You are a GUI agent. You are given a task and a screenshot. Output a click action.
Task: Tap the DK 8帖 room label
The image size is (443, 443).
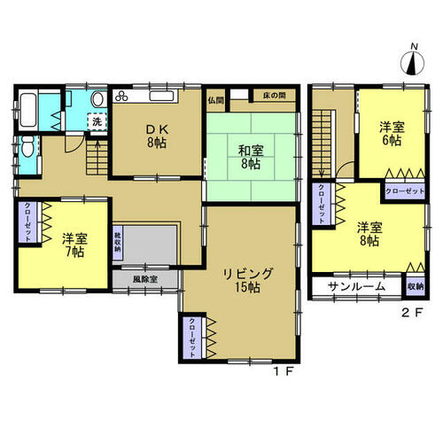click(157, 136)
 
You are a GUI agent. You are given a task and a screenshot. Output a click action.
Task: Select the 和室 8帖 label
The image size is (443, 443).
click(251, 157)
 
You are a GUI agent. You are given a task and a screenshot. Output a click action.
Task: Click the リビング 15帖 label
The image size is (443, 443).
click(247, 280)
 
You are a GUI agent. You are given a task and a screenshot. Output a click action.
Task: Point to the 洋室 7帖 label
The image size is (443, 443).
click(74, 245)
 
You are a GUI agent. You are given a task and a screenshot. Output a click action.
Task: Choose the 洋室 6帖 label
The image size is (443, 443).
click(392, 134)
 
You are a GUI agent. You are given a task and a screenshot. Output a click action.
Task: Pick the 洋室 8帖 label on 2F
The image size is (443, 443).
click(369, 234)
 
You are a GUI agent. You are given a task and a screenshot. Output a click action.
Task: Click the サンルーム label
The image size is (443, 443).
click(357, 286)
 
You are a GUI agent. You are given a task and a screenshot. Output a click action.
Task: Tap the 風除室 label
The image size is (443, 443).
click(145, 279)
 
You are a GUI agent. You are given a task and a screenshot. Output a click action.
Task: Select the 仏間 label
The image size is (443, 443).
click(215, 100)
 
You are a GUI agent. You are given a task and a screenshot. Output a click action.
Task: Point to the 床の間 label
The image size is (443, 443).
click(275, 96)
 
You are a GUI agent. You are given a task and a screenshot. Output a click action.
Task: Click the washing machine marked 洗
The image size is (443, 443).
click(97, 122)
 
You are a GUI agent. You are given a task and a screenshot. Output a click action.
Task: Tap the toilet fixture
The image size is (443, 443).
click(27, 146)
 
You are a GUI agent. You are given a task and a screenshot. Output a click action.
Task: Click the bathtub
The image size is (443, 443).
click(28, 110)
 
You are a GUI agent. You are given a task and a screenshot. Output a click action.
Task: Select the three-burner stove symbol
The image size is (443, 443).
click(121, 96)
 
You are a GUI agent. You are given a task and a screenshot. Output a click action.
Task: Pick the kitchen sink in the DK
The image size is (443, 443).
click(161, 97)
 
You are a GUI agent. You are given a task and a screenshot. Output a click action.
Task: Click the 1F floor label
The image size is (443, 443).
click(283, 372)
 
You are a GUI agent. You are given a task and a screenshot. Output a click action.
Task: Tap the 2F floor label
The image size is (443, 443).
click(412, 313)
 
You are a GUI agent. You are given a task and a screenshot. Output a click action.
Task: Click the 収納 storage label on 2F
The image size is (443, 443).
click(416, 286)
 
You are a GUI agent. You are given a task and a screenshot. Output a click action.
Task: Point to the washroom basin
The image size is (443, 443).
click(97, 99)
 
